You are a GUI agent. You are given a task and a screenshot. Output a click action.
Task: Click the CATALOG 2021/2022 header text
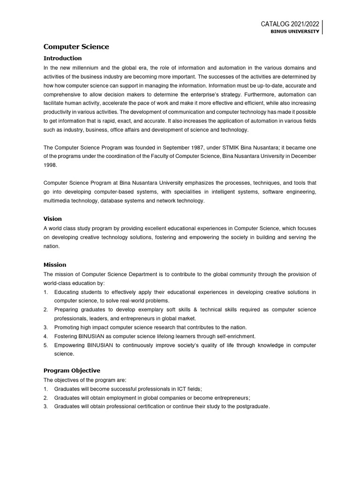coord(290,24)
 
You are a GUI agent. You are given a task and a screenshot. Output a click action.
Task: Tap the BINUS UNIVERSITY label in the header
coord(295,31)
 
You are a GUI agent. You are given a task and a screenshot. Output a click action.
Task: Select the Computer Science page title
coord(76,46)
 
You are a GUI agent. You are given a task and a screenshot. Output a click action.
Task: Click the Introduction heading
coord(62,58)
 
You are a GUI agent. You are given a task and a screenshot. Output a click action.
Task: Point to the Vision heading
coord(52,218)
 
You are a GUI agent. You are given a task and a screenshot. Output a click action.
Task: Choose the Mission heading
coord(55,264)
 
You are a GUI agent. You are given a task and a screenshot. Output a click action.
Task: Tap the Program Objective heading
coord(72,370)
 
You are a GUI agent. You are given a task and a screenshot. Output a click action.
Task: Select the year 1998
coord(51,165)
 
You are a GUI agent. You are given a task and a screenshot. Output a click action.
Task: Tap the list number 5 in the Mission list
coord(46,345)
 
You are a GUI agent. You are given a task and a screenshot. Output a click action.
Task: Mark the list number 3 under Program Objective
coord(46,406)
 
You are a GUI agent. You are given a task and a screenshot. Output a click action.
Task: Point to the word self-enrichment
coord(232,336)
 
